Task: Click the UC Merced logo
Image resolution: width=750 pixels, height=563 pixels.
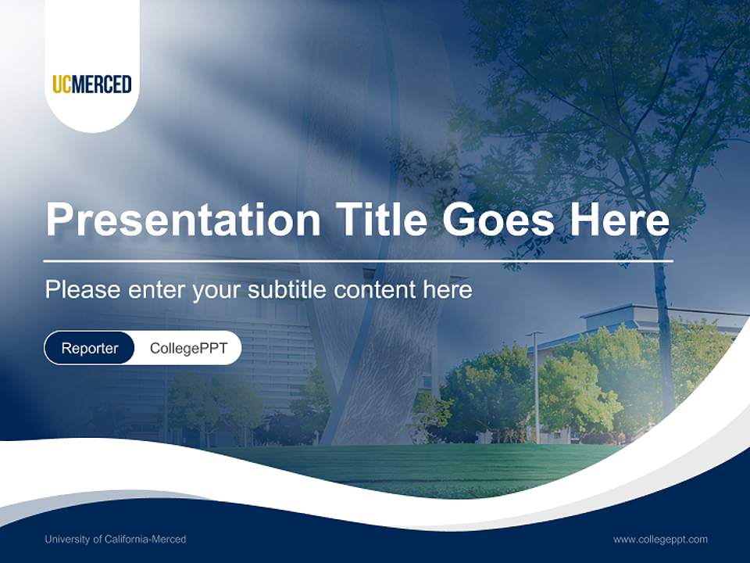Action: (x=92, y=84)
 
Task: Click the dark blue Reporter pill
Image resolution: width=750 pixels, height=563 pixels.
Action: (x=90, y=348)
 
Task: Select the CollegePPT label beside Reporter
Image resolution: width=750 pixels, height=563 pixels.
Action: (x=188, y=348)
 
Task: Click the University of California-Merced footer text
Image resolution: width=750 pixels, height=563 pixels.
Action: (x=116, y=539)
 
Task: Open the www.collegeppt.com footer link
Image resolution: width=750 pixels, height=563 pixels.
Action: (x=660, y=539)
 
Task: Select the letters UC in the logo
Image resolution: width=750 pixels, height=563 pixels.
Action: (x=62, y=84)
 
